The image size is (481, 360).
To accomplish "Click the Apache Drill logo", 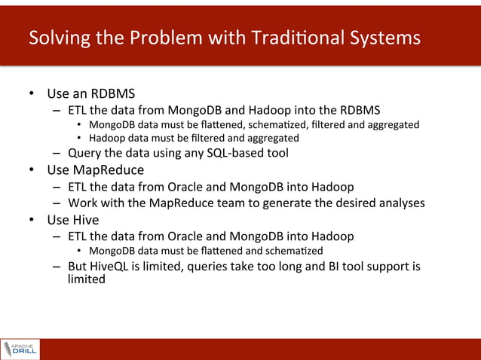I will (20, 349).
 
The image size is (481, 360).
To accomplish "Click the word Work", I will (83, 203).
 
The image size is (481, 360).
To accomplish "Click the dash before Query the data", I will (57, 154).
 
